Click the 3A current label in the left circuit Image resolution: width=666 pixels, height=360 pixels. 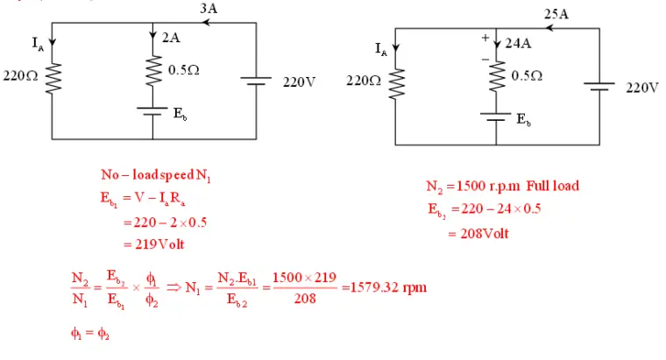coord(209,8)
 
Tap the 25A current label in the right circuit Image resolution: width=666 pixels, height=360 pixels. coord(556,14)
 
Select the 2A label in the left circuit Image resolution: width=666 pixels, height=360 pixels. coord(173,39)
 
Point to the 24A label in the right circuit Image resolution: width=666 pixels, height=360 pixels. coord(519,44)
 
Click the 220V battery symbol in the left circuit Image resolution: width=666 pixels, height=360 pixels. coord(255,81)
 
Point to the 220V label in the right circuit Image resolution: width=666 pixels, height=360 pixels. coord(641,88)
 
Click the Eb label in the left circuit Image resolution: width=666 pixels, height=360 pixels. coord(179,116)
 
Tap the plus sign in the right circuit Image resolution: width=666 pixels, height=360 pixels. coord(484,39)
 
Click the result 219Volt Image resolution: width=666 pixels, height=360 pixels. coord(159,244)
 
